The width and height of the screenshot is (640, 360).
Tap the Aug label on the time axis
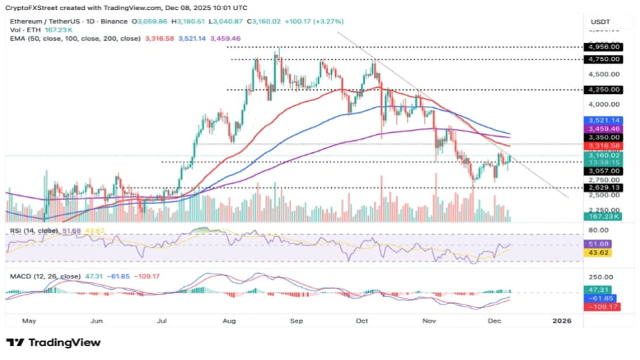pos(229,320)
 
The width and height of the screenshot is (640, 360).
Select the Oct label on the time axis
pos(362,320)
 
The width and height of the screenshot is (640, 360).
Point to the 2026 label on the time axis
pos(562,320)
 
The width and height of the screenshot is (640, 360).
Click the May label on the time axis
pos(29,320)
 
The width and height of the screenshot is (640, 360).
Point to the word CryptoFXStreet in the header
pos(34,8)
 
